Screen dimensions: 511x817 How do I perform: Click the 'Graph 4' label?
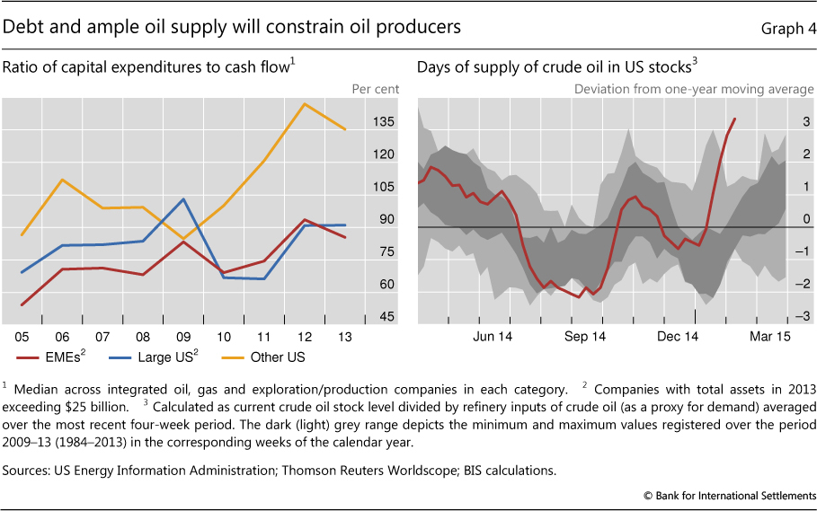786,28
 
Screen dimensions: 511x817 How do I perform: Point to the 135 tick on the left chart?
385,121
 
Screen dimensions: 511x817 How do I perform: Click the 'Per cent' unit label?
375,90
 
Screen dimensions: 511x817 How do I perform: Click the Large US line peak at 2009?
183,199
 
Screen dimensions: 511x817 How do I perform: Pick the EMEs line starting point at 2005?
21,305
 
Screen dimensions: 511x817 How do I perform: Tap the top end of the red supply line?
735,119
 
